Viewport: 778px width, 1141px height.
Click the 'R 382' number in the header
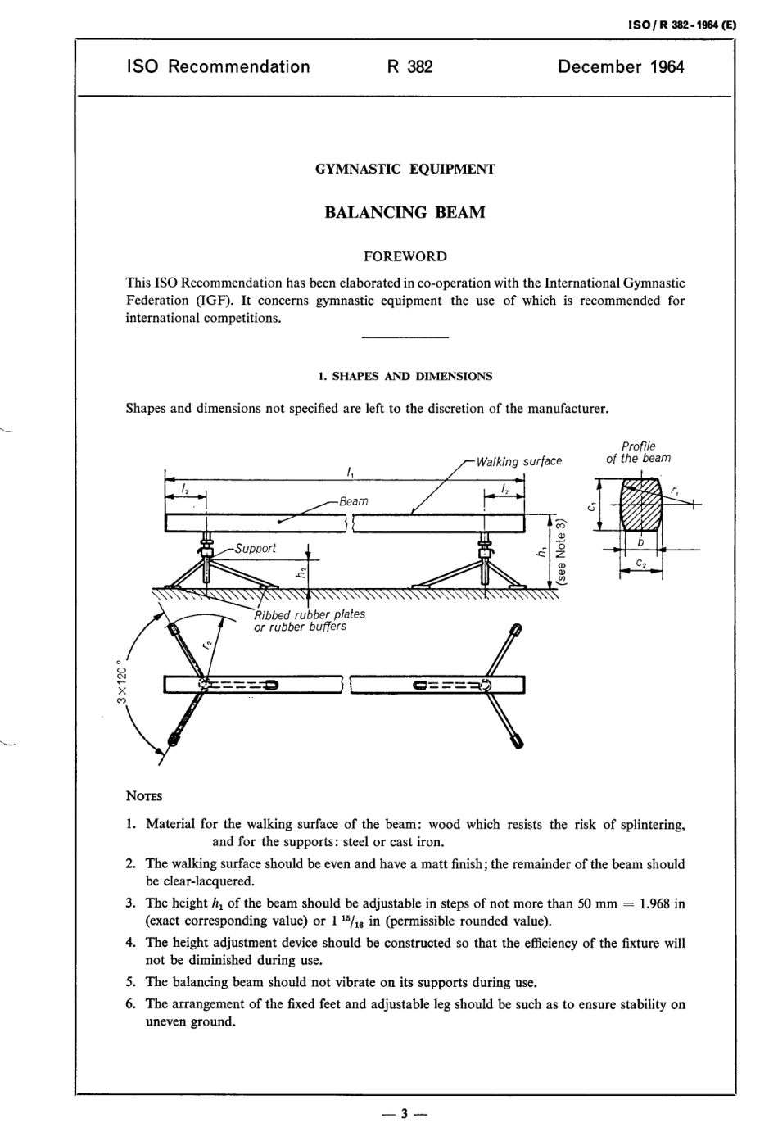coord(409,67)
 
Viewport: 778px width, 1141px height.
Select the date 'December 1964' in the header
coord(620,67)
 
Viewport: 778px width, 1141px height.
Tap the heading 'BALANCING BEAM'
coord(405,212)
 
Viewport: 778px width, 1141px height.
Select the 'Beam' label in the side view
coord(354,500)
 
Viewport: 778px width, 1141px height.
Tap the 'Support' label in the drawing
coord(256,548)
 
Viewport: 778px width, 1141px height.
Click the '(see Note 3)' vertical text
coord(561,555)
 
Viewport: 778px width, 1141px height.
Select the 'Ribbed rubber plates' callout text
coord(310,614)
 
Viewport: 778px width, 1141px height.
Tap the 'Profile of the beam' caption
coord(638,452)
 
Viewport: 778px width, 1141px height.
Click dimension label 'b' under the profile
coord(641,541)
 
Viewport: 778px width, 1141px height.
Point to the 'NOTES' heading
coord(145,796)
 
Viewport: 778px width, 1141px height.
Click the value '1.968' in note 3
coord(653,903)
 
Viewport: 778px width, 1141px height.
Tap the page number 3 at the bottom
coord(405,1114)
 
